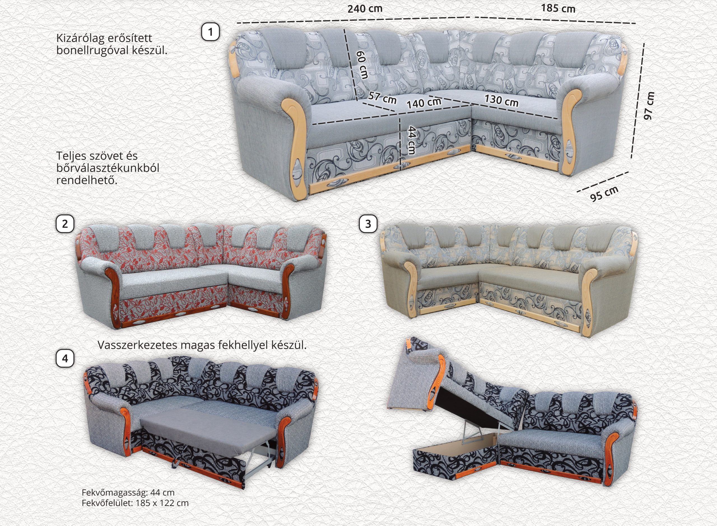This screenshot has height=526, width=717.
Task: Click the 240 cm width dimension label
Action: tap(365, 9)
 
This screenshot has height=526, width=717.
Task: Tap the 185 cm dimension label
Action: tap(558, 8)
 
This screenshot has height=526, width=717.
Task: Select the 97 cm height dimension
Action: tap(648, 106)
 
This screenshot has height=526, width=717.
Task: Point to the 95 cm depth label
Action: tap(604, 193)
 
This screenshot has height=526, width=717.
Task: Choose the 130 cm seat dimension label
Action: tap(501, 101)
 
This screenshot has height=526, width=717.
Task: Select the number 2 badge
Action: tap(65, 224)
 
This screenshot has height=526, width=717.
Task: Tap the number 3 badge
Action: tap(368, 224)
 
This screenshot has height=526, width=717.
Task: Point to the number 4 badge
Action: tap(65, 359)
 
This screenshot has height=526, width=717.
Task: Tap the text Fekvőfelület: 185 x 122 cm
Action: tap(135, 503)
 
